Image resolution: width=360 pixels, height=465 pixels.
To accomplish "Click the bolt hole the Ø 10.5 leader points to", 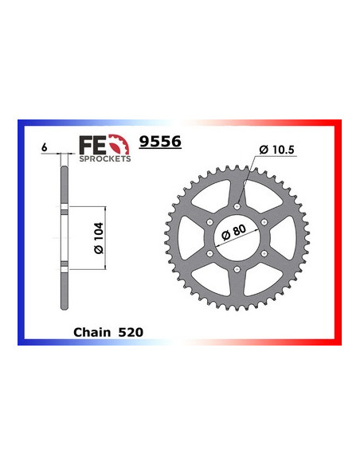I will pos(239,205).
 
